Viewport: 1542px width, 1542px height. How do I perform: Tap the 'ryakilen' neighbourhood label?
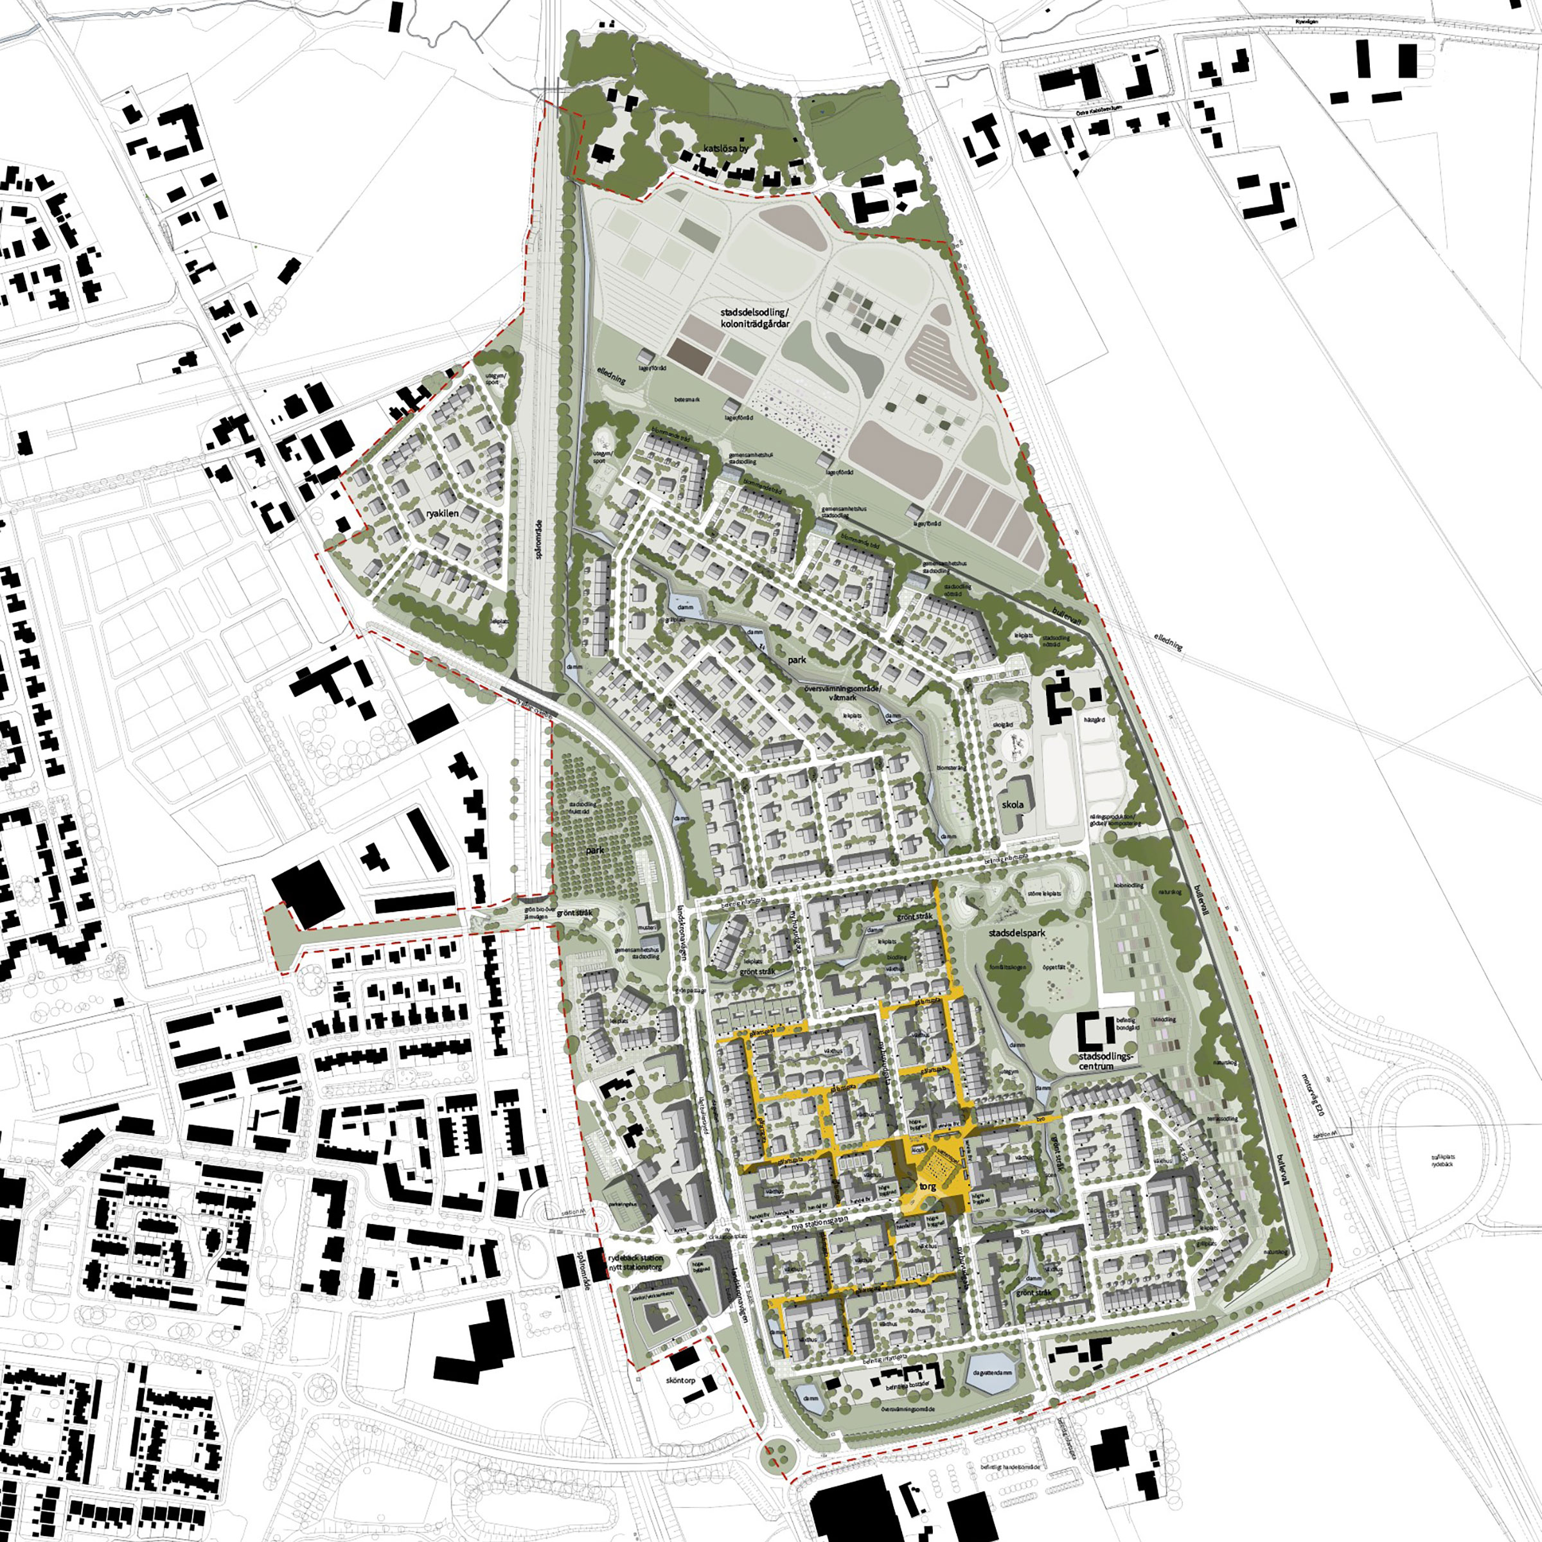tap(442, 513)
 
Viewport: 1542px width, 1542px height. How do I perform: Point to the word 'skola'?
tap(1013, 804)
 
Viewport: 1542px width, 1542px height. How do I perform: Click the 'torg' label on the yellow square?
tap(927, 1187)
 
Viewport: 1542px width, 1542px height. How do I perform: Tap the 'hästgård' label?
tap(1094, 719)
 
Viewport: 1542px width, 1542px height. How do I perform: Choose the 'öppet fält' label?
tap(1055, 966)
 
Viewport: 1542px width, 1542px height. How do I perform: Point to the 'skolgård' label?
tap(1002, 724)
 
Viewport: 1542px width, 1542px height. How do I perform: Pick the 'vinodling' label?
tap(1164, 1019)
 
